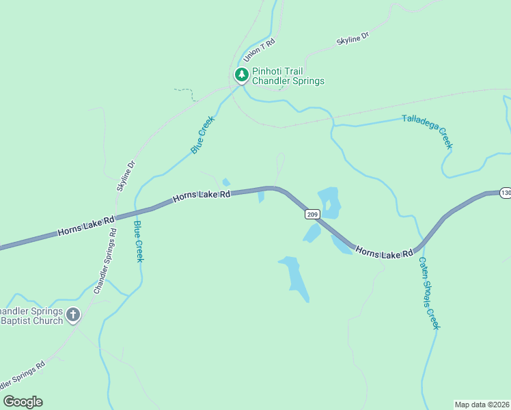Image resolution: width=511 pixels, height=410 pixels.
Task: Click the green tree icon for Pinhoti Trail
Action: pos(241,74)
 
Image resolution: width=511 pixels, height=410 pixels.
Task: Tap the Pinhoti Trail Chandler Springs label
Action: pos(288,76)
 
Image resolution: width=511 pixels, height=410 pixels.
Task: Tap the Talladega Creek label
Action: pos(427,131)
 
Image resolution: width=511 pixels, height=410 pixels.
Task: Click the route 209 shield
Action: pos(312,215)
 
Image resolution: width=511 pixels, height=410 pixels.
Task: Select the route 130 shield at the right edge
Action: pos(505,193)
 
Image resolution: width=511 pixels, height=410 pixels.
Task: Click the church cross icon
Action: pos(72,315)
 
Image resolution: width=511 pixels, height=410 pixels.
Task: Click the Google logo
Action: pos(23,402)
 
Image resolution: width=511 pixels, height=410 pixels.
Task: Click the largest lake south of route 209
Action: pos(295,276)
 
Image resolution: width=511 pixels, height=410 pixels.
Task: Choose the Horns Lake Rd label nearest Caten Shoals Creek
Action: pos(384,254)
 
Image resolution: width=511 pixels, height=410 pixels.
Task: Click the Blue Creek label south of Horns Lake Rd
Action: pos(139,241)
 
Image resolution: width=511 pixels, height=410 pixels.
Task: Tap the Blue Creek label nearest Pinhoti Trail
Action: pos(202,134)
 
